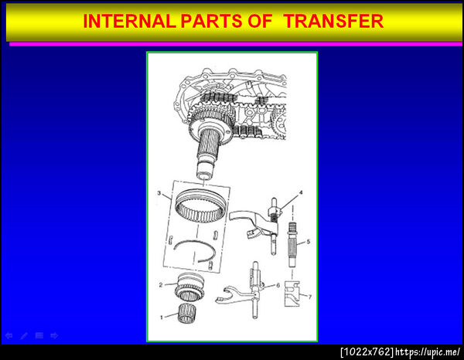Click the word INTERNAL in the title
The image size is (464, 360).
tap(130, 22)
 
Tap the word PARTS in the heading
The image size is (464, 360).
tap(212, 22)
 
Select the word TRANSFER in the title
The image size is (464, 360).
tap(333, 22)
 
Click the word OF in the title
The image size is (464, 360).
tap(260, 22)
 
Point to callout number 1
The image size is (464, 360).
tap(162, 318)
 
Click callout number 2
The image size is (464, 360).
tap(161, 285)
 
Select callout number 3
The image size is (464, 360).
tap(159, 193)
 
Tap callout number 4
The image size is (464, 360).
tap(301, 192)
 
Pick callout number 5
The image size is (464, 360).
tap(308, 242)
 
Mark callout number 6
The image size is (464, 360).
tap(278, 286)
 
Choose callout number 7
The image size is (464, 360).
tap(310, 297)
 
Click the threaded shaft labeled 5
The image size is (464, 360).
tap(292, 245)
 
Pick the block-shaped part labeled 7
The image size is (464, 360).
tap(292, 294)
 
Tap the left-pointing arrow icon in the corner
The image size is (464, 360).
tap(9, 336)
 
